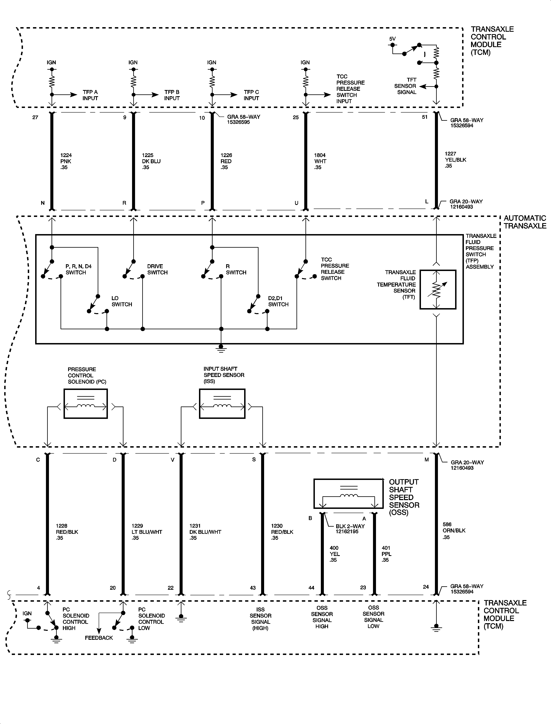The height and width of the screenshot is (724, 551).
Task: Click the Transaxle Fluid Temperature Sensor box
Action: tap(438, 289)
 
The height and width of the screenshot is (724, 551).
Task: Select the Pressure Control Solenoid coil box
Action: tap(86, 404)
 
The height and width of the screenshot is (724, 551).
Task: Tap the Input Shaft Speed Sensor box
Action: tap(222, 404)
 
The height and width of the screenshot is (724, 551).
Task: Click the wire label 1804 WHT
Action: tap(320, 161)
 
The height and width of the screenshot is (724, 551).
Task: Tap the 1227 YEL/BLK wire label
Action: tap(455, 159)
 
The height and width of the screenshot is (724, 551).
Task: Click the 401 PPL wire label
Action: tap(386, 554)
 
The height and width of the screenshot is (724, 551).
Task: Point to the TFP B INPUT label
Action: tap(172, 95)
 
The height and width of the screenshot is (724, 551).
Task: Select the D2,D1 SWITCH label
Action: tap(278, 301)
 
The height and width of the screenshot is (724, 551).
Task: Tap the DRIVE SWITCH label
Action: tap(157, 269)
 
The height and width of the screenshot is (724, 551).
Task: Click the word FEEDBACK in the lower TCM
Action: tap(99, 638)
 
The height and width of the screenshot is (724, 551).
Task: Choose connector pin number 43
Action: tap(253, 588)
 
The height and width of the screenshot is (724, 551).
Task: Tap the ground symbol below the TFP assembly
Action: tap(221, 349)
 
